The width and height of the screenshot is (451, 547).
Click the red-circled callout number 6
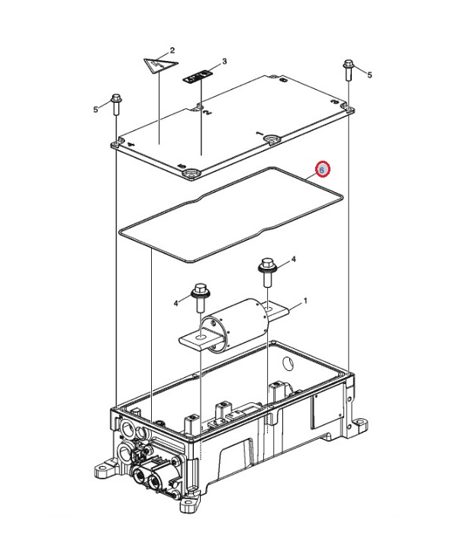click(323, 170)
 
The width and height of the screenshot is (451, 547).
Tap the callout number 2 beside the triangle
click(172, 50)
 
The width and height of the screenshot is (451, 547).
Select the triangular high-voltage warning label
click(161, 65)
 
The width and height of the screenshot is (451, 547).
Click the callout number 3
click(224, 62)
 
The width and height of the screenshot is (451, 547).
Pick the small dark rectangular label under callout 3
click(198, 77)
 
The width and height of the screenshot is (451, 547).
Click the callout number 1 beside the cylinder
click(305, 300)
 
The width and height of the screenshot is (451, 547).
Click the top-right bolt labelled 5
click(349, 70)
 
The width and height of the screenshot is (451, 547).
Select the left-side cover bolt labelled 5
click(116, 104)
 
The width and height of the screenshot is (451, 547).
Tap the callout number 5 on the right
click(369, 75)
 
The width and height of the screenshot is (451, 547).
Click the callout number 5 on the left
click(95, 110)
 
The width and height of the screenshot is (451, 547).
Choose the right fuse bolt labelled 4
click(267, 271)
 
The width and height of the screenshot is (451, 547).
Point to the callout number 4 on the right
click(294, 259)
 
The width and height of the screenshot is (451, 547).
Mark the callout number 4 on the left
click(176, 303)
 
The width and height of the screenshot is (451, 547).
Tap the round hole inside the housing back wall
click(288, 364)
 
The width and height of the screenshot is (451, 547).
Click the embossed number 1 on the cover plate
click(259, 133)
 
